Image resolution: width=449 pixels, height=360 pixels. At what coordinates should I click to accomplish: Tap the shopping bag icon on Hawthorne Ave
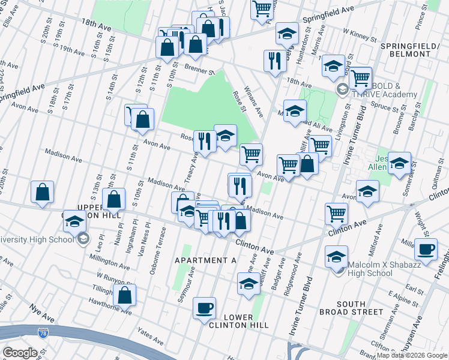pyautogui.click(x=124, y=295)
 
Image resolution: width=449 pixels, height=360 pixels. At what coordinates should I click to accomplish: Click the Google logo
pyautogui.click(x=20, y=353)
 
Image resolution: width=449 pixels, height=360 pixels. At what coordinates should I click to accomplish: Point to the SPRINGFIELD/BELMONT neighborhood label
pyautogui.click(x=405, y=49)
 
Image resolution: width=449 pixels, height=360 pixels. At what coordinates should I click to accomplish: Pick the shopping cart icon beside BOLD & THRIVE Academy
pyautogui.click(x=360, y=77)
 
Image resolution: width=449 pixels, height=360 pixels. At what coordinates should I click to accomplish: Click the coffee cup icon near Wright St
pyautogui.click(x=426, y=249)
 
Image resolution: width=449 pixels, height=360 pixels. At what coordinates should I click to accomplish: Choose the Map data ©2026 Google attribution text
pyautogui.click(x=412, y=355)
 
